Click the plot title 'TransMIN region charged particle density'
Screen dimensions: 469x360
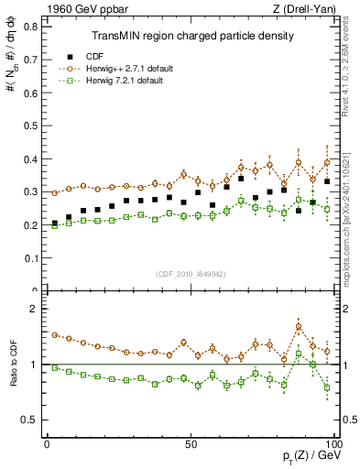point(191,37)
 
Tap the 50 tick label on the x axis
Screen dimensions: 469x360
point(191,443)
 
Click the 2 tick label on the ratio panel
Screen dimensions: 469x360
point(35,309)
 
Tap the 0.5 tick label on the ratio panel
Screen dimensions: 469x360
point(31,420)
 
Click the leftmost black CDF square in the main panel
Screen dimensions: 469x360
point(54,223)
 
